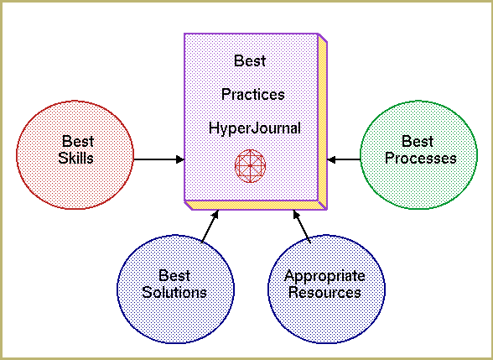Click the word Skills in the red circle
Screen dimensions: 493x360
click(x=75, y=158)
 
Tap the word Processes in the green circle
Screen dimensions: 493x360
click(x=421, y=158)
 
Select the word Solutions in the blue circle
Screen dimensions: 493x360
click(x=174, y=292)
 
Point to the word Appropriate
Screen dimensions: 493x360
click(x=324, y=277)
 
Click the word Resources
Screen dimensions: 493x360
click(x=324, y=292)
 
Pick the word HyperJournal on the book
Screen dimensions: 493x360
click(x=255, y=128)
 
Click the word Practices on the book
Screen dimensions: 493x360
click(x=253, y=94)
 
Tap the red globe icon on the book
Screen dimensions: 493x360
click(x=250, y=166)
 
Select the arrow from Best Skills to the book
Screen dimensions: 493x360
click(x=158, y=159)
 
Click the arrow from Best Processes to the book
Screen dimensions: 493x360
click(x=344, y=159)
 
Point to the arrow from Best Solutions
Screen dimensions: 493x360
click(x=210, y=227)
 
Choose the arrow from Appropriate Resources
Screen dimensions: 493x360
click(x=302, y=227)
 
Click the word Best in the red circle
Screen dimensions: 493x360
click(x=78, y=141)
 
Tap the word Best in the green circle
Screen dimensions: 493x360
click(x=418, y=141)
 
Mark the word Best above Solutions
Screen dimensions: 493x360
click(x=174, y=275)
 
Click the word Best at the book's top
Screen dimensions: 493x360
click(x=250, y=60)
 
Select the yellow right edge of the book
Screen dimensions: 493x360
click(x=323, y=122)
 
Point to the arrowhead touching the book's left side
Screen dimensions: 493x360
click(x=180, y=159)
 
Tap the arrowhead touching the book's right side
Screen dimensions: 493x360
click(x=331, y=159)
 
